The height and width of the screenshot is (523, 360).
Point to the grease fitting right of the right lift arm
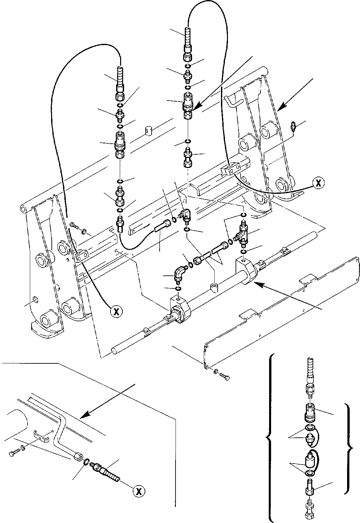[x=293, y=127]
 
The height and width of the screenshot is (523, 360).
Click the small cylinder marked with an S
[x=149, y=131]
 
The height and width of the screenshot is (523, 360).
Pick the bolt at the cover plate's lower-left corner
[x=224, y=376]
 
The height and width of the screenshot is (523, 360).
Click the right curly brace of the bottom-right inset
[x=348, y=438]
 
